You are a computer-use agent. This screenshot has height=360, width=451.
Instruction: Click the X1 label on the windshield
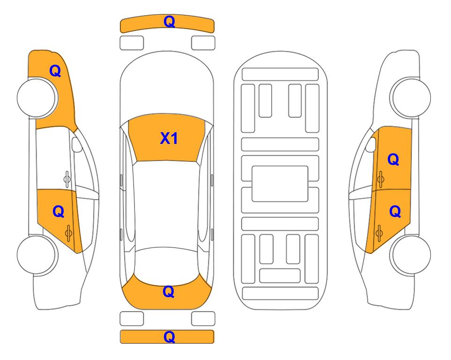click(169, 138)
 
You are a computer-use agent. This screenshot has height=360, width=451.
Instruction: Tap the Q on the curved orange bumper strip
click(169, 21)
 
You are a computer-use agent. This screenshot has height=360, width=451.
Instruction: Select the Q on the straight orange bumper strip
click(169, 337)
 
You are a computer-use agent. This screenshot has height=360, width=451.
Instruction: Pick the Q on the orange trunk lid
click(169, 292)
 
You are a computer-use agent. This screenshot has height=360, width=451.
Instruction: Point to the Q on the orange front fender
click(55, 71)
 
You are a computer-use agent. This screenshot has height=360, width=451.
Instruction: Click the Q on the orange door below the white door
click(59, 212)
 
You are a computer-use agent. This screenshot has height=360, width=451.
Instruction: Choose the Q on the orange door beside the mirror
click(393, 159)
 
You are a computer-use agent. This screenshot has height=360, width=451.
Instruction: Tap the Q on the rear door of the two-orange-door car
click(395, 212)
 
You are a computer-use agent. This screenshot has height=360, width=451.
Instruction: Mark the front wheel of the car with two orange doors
click(410, 97)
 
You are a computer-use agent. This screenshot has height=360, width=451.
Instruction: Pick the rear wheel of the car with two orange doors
click(410, 255)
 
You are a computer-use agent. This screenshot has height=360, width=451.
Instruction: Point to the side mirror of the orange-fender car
click(76, 144)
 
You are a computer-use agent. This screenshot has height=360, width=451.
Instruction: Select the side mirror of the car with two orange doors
click(371, 144)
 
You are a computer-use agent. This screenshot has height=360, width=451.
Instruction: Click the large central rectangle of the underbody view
click(280, 184)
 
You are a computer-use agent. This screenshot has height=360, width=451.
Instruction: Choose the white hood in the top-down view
click(167, 86)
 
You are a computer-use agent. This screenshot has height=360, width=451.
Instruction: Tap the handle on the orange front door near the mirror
click(381, 179)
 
